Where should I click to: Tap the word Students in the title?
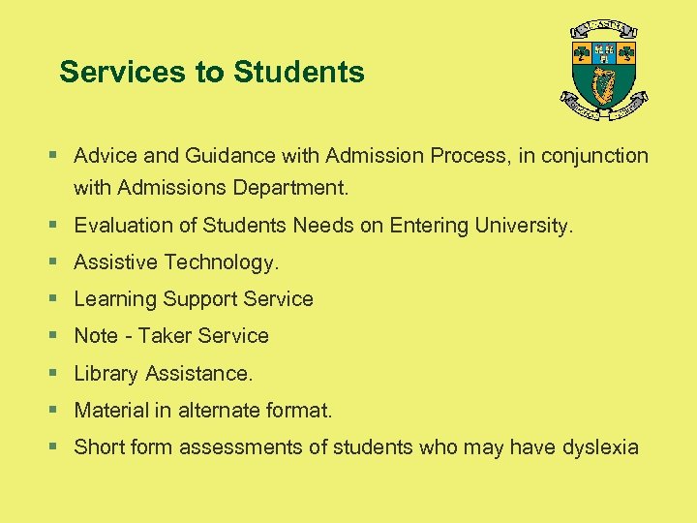299,72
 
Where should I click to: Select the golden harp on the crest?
604,87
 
